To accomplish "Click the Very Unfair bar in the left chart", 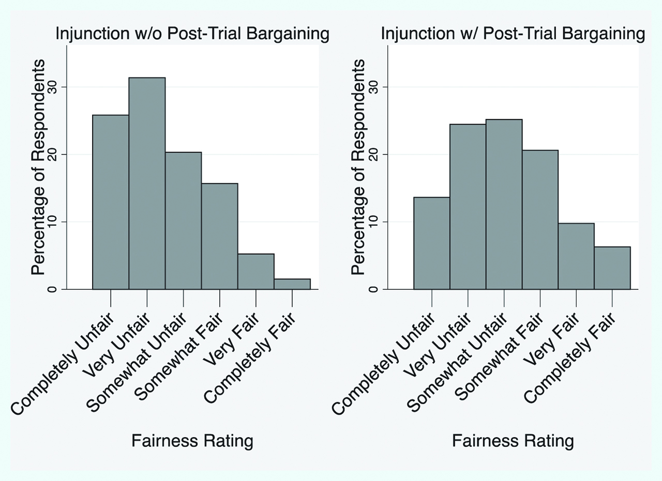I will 147,183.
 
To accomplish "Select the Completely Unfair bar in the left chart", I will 111,202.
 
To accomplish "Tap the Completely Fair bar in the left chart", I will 292,284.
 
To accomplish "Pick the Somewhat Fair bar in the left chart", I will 220,236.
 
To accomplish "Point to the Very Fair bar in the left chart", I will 256,271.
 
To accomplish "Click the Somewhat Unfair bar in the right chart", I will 504,204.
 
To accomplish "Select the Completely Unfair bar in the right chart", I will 432,243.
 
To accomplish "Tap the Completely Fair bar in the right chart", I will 612,268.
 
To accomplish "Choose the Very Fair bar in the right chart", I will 576,256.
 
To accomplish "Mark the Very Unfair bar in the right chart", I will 468,207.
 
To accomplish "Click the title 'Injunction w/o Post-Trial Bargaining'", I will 192,34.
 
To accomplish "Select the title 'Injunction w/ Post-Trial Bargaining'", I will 513,34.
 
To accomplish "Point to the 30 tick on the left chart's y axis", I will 52,87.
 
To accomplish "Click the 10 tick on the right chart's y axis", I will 372,222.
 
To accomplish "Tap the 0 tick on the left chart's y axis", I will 52,289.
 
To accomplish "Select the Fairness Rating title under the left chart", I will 192,441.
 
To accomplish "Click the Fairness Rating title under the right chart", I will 513,441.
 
